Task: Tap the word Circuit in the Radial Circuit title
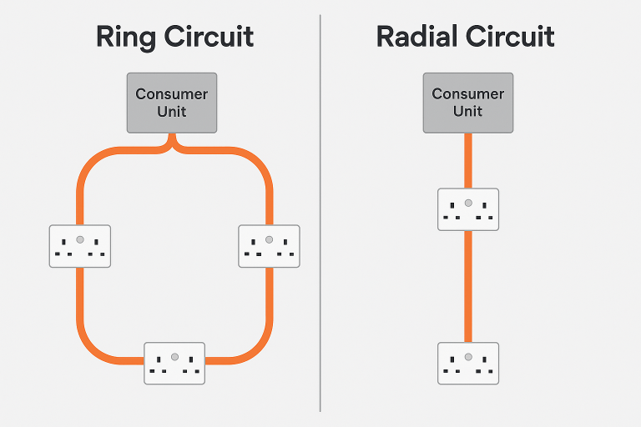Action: click(x=511, y=38)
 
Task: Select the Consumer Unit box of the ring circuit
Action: click(x=172, y=103)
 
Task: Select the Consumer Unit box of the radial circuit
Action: click(x=468, y=103)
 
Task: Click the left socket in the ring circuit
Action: click(x=79, y=246)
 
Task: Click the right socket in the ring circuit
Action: click(x=269, y=246)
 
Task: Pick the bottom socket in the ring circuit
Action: click(x=174, y=363)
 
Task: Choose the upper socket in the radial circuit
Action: click(x=468, y=209)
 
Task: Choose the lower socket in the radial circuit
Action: click(x=468, y=363)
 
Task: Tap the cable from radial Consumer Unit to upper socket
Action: click(x=468, y=160)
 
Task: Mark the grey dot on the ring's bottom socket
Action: click(x=174, y=356)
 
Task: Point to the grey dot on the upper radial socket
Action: click(x=468, y=203)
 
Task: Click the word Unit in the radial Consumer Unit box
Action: click(x=468, y=111)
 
